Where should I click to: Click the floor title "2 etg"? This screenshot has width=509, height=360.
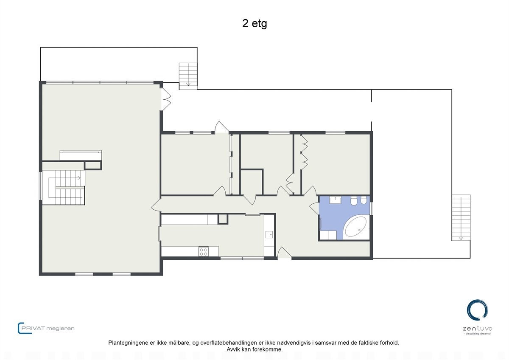tap(255, 24)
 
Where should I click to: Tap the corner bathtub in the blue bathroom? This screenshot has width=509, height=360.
tap(355, 227)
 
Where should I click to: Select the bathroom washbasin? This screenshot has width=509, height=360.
tap(336, 200)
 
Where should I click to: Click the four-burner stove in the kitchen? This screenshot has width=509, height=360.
tap(204, 251)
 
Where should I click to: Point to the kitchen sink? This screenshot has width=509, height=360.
tap(269, 234)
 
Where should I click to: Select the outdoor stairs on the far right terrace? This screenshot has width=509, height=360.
tap(461, 217)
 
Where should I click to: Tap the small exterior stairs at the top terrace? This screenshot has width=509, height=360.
tap(188, 74)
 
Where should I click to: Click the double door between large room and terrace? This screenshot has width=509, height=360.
tap(166, 98)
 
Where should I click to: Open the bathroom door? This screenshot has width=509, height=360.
tap(315, 208)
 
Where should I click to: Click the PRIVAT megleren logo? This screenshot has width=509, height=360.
tap(46, 328)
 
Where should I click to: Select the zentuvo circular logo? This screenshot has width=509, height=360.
tap(477, 310)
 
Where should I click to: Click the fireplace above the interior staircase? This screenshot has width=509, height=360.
tap(81, 155)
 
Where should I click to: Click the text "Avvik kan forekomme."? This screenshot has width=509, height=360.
tap(255, 349)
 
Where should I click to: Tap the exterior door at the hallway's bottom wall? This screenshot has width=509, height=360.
tap(284, 253)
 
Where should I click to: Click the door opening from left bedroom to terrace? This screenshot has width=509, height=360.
tap(221, 127)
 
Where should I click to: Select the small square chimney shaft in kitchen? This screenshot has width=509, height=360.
tap(223, 219)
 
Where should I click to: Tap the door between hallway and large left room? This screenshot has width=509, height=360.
tap(156, 205)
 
